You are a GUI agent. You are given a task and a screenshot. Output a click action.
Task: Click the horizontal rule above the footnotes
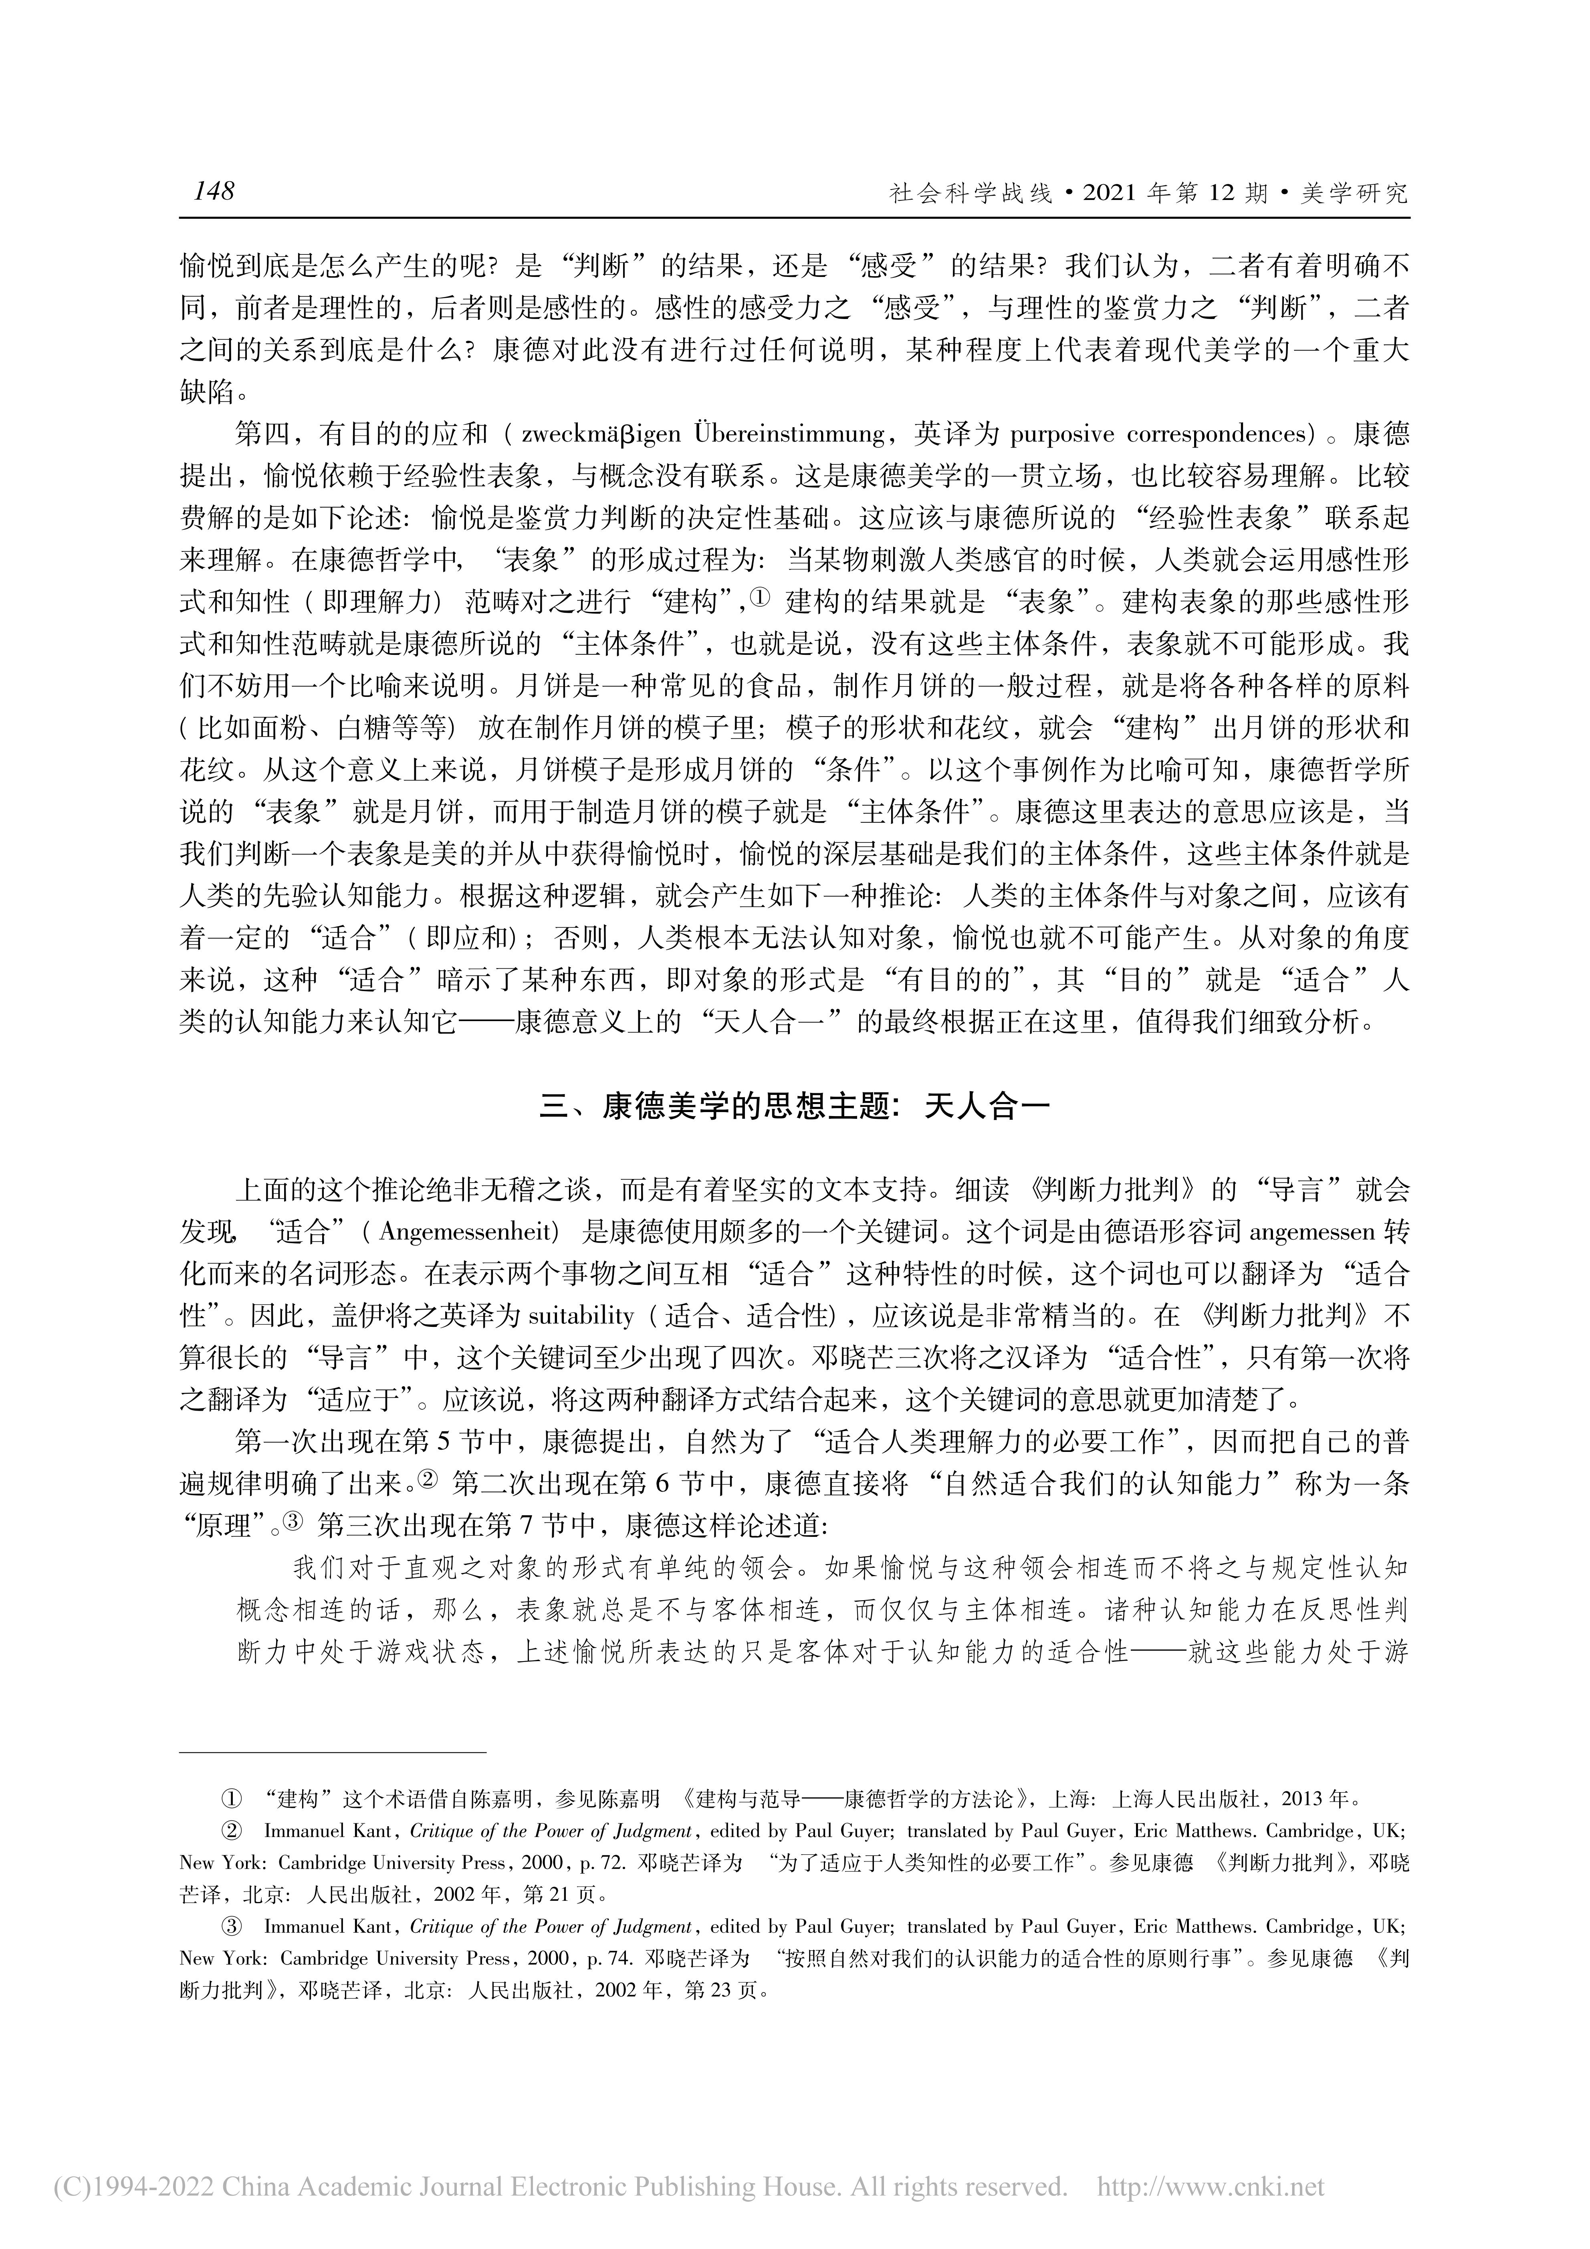333,1750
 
